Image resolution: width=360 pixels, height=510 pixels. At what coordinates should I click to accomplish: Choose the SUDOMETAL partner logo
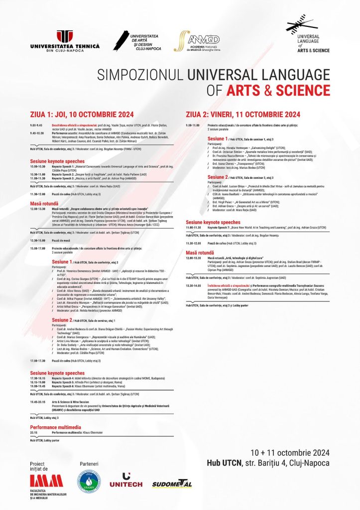(172, 484)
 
